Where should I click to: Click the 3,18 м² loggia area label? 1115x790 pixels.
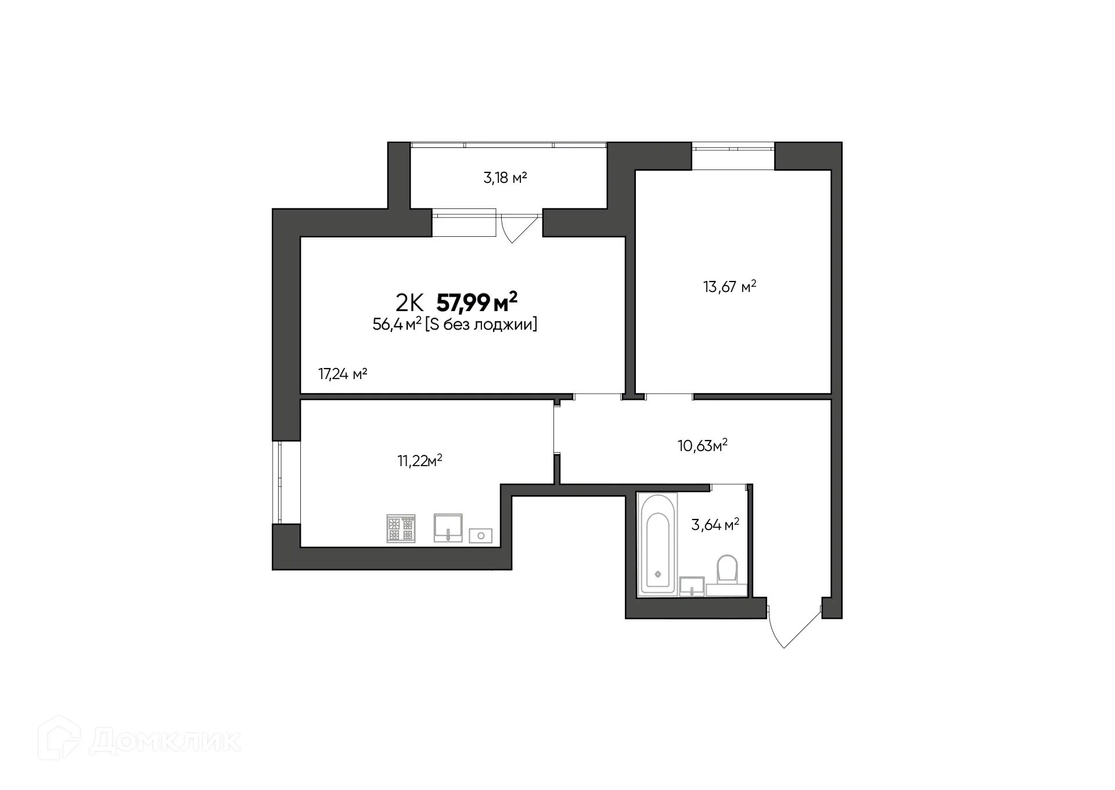click(505, 178)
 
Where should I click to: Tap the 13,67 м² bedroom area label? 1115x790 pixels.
click(729, 287)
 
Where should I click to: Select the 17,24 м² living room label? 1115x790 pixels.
click(343, 374)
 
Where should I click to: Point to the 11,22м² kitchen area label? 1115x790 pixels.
click(419, 461)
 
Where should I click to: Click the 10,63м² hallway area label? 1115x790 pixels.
click(702, 446)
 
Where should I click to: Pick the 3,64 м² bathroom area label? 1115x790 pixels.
click(714, 525)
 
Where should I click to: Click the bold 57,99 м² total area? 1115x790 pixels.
click(476, 302)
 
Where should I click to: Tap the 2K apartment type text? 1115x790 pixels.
click(409, 303)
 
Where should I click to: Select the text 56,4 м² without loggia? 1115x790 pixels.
click(455, 325)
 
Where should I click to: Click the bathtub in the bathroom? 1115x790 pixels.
click(657, 544)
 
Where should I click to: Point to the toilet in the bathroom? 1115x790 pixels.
click(726, 569)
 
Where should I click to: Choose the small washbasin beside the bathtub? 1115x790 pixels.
click(692, 586)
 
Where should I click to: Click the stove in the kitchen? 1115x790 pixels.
click(401, 528)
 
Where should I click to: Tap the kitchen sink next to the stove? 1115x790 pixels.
click(448, 527)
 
